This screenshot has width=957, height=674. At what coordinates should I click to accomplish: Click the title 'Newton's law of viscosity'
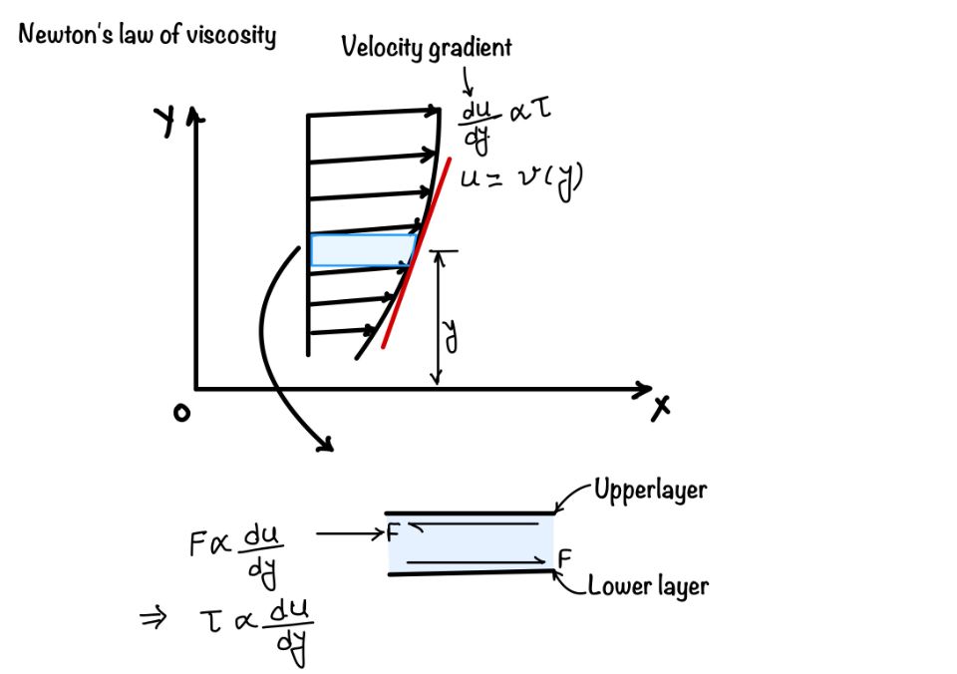147,36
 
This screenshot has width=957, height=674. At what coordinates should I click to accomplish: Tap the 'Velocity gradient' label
427,46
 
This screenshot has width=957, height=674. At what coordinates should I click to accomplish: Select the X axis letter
660,408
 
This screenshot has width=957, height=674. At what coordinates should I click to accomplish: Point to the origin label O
180,413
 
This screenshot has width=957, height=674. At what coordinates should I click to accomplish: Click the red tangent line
414,259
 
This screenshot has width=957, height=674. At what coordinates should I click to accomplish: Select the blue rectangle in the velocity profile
363,249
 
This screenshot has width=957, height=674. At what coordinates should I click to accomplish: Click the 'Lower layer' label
648,585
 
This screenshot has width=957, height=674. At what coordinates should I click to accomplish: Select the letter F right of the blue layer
564,558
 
